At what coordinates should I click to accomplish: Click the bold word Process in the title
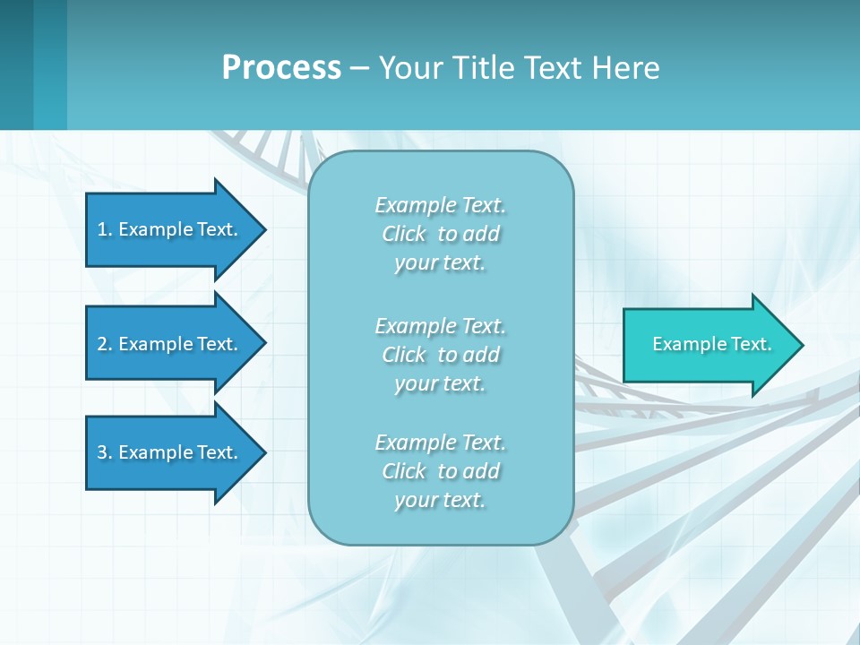pyautogui.click(x=281, y=68)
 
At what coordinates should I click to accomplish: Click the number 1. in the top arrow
pyautogui.click(x=104, y=229)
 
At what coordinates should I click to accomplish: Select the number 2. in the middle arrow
pyautogui.click(x=104, y=344)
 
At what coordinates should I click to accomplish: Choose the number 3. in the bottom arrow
pyautogui.click(x=104, y=452)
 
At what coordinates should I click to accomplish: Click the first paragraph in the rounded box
pyautogui.click(x=440, y=234)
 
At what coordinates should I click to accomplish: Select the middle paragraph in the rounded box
pyautogui.click(x=440, y=355)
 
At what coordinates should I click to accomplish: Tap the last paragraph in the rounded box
pyautogui.click(x=440, y=471)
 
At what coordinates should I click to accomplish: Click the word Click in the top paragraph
pyautogui.click(x=404, y=234)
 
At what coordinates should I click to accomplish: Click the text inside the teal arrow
pyautogui.click(x=711, y=344)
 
